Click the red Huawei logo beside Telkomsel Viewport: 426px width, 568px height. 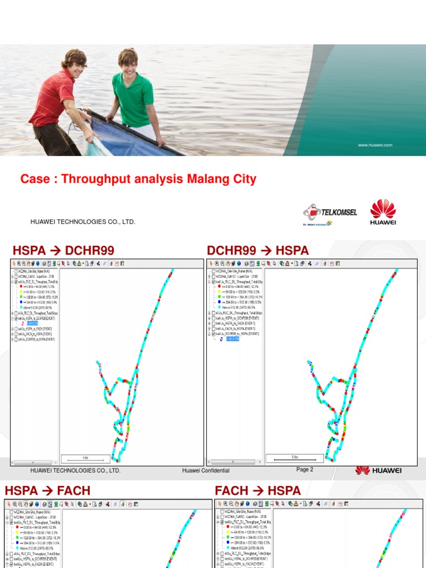pyautogui.click(x=383, y=212)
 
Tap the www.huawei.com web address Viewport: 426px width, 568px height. pyautogui.click(x=375, y=145)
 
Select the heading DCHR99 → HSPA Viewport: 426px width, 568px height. pyautogui.click(x=258, y=251)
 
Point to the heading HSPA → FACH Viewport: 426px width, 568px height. pyautogui.click(x=47, y=490)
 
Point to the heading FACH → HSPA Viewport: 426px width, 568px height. pyautogui.click(x=258, y=490)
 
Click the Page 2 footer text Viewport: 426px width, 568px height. pyautogui.click(x=305, y=469)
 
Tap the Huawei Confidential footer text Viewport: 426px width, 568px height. pyautogui.click(x=206, y=470)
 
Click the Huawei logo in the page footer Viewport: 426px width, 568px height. pyautogui.click(x=379, y=470)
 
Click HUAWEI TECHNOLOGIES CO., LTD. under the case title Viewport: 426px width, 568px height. pyautogui.click(x=83, y=222)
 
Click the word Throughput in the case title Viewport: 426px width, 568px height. pyautogui.click(x=93, y=179)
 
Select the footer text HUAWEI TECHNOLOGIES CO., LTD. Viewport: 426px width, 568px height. pyautogui.click(x=75, y=470)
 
